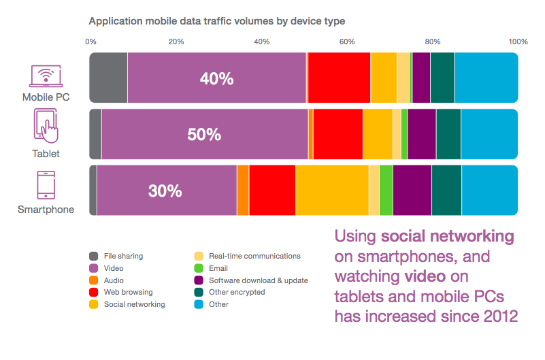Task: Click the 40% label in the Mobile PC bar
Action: pos(216,78)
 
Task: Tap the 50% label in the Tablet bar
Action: pos(204,135)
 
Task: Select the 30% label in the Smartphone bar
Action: pos(165,191)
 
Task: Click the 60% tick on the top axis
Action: pos(347,42)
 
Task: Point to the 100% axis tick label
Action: pos(518,42)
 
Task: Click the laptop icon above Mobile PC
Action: pos(46,76)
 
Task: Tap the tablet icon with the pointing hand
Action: pos(46,126)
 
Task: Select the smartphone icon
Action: pos(46,185)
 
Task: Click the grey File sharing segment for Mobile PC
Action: pos(108,78)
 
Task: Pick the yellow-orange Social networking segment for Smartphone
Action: pos(332,191)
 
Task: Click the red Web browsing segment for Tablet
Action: pos(338,134)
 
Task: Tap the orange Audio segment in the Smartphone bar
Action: pos(243,191)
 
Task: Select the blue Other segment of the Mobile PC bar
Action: pos(486,78)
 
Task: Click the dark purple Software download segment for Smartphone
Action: pos(412,191)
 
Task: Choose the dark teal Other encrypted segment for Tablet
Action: pos(448,134)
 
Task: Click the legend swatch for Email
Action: pos(199,268)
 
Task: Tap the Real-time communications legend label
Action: pos(254,256)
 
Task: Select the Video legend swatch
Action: pos(93,268)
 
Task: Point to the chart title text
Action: pos(217,21)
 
